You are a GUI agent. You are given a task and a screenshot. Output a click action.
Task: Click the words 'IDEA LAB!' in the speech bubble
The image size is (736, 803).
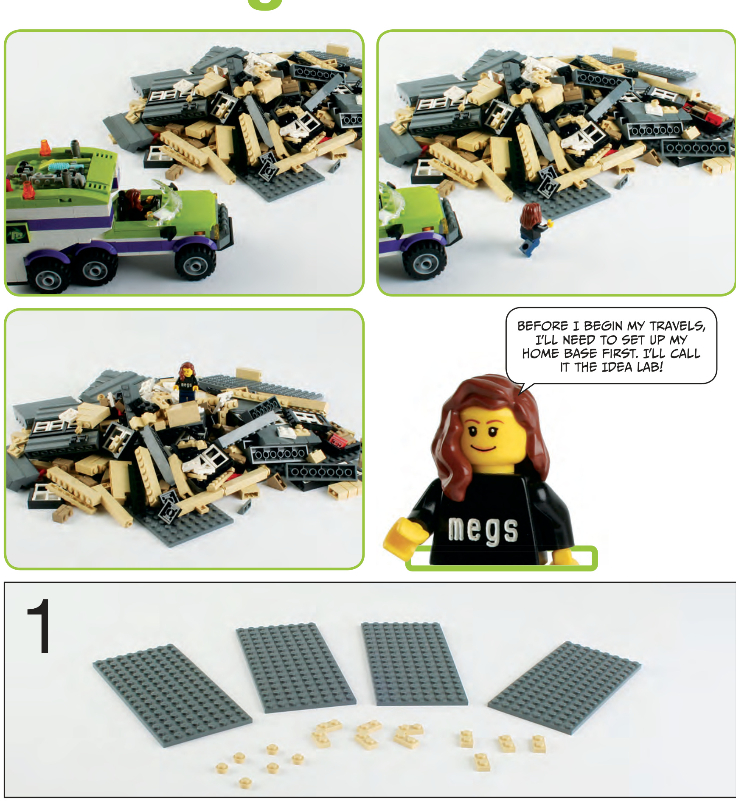pyautogui.click(x=632, y=367)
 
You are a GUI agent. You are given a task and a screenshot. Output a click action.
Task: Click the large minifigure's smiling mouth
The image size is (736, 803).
pyautogui.click(x=483, y=448)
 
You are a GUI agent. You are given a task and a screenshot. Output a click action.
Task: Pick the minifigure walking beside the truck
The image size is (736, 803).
pyautogui.click(x=531, y=228)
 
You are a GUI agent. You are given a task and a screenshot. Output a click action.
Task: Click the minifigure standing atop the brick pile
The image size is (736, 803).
pyautogui.click(x=186, y=381)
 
